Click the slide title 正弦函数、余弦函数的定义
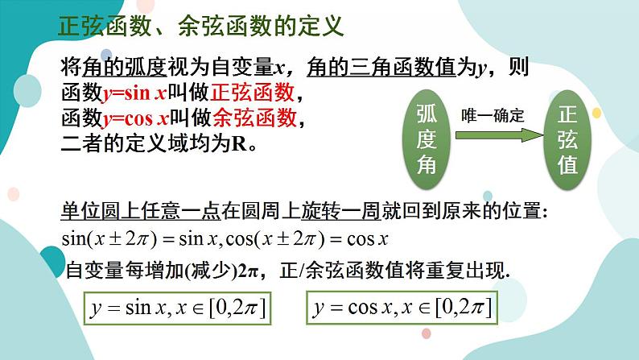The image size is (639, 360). [x=201, y=26]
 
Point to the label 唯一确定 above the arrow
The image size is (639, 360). [x=493, y=115]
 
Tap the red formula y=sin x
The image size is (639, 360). [x=135, y=93]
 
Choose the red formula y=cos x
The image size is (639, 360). [x=136, y=118]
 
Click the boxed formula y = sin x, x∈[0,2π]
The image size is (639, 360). [x=179, y=307]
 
